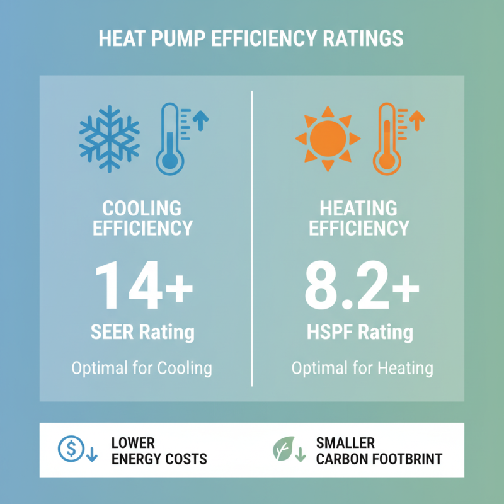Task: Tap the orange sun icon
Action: click(x=328, y=138)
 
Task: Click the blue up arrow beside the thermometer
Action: click(x=200, y=119)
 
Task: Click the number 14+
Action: click(x=143, y=287)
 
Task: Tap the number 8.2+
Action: click(x=362, y=287)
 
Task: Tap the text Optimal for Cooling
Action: click(x=142, y=368)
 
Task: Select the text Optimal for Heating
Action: click(x=362, y=368)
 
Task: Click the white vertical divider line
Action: click(x=252, y=239)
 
